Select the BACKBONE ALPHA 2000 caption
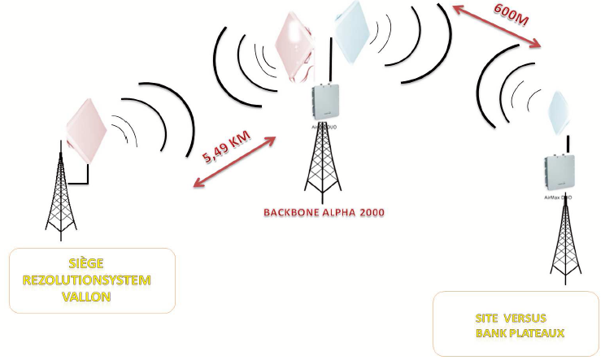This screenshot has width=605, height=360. click(x=323, y=212)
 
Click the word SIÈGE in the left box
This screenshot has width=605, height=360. click(x=92, y=264)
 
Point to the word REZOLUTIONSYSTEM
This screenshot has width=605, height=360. click(x=92, y=280)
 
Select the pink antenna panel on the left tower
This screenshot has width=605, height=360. click(x=87, y=129)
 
